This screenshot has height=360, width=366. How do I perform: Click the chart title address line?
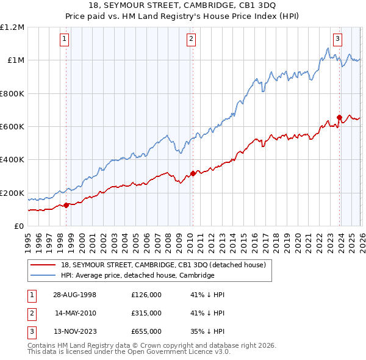(182, 5)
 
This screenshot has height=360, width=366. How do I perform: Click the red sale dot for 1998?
(66, 205)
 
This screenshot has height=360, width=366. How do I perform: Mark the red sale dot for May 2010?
(193, 173)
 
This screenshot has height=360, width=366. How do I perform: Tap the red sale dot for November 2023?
(339, 117)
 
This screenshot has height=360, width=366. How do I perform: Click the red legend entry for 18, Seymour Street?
(163, 265)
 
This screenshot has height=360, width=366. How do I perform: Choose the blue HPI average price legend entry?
(137, 276)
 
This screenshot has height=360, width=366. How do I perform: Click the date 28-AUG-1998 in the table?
(74, 295)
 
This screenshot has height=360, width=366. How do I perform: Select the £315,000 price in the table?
(146, 313)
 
